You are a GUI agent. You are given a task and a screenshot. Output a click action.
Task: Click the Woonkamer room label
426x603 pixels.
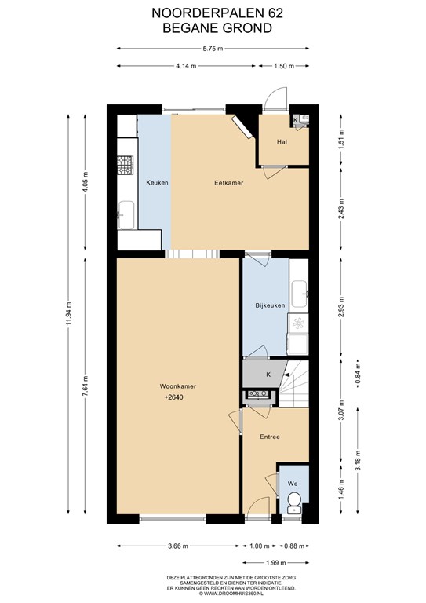(178, 386)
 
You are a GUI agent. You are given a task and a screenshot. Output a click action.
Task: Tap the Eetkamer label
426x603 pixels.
(228, 183)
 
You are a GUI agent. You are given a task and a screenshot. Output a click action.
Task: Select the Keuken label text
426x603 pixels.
(157, 183)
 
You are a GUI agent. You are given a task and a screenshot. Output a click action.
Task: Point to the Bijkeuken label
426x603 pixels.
(270, 305)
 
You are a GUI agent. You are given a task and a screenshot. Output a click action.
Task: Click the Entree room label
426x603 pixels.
(270, 437)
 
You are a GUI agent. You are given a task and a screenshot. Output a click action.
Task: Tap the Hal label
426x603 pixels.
(282, 141)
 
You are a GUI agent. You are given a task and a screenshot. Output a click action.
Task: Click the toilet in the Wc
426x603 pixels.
(295, 502)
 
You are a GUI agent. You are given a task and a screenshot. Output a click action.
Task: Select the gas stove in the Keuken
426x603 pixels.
(126, 165)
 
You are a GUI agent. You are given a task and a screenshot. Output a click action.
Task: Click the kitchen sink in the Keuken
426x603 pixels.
(126, 215)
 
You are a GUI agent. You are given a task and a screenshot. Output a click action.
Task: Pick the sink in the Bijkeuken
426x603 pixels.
(299, 294)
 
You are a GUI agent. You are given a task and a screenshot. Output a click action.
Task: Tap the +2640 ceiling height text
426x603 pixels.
(173, 397)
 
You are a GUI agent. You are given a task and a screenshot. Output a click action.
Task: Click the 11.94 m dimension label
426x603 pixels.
(68, 314)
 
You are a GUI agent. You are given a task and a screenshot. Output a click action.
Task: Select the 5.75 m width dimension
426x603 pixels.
(213, 49)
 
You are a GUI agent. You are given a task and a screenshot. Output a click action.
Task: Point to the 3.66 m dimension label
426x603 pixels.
(178, 546)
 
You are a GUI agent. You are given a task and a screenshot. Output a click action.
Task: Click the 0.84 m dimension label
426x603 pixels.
(358, 374)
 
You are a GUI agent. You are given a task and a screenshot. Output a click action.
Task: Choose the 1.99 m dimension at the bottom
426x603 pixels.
(276, 563)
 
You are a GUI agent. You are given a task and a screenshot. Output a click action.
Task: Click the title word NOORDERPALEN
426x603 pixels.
(207, 13)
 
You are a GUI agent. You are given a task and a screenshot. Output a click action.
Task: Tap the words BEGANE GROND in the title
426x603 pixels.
(217, 28)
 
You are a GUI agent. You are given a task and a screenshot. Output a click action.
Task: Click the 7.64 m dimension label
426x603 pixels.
(86, 385)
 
